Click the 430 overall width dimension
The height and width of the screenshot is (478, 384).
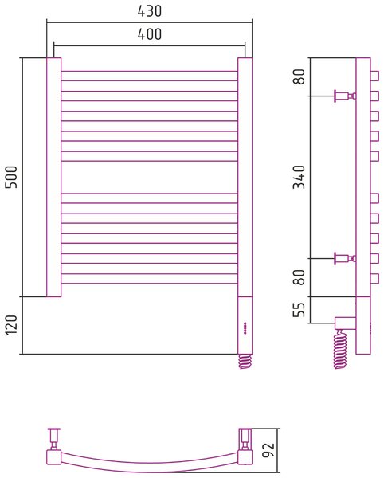tap(149, 11)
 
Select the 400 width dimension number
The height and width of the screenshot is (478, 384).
tap(149, 33)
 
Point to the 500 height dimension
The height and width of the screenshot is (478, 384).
tap(11, 177)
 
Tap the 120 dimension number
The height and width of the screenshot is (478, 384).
tap(11, 325)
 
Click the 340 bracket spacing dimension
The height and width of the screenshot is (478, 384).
tap(299, 177)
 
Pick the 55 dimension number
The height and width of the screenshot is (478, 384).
tap(299, 310)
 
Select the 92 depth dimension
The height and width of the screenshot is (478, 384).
tap(268, 449)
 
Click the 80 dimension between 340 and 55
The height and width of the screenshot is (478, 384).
tap(299, 277)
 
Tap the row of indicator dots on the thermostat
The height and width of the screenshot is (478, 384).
tap(245, 328)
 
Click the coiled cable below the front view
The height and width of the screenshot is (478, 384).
tap(245, 361)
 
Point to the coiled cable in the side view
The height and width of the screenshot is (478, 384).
tap(340, 350)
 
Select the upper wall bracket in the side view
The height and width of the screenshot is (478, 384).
tap(345, 96)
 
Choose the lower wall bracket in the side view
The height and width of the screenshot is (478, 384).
tap(345, 258)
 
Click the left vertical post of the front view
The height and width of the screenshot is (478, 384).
tap(54, 177)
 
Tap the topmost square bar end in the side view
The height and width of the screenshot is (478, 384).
tap(374, 76)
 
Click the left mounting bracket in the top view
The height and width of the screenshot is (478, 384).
tap(54, 439)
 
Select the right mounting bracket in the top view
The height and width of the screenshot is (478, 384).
tap(245, 439)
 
